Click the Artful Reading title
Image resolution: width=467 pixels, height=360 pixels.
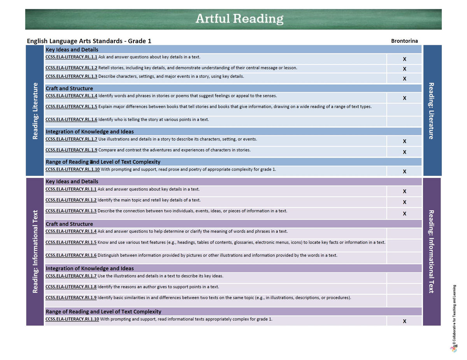[239, 19]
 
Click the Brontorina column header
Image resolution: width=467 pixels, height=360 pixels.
[404, 40]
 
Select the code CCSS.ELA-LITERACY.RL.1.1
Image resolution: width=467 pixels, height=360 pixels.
[71, 57]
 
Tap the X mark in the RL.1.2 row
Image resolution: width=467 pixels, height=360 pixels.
[404, 69]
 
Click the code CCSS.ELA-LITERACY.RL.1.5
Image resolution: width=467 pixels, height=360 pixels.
[71, 106]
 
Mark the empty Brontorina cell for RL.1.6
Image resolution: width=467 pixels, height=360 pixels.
[404, 121]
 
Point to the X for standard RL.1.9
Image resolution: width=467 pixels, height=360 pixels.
[404, 152]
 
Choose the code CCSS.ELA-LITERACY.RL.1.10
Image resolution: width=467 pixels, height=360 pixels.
[72, 169]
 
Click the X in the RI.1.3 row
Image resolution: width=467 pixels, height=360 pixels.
[404, 213]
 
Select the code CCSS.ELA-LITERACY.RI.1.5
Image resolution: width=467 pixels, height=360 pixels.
[71, 242]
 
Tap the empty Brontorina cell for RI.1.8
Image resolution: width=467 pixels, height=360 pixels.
[404, 288]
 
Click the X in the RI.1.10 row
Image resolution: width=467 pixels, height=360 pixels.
[404, 321]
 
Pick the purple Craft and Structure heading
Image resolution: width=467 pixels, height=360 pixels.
[69, 224]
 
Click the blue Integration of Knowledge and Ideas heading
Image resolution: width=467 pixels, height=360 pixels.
[90, 132]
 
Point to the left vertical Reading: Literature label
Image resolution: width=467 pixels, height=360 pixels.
[35, 111]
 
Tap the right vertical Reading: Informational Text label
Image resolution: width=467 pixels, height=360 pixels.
[431, 251]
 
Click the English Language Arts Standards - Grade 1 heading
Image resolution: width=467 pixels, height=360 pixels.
[89, 41]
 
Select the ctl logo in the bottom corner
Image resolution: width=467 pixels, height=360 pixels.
[453, 348]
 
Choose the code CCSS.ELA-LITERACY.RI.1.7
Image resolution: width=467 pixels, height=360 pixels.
[71, 276]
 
